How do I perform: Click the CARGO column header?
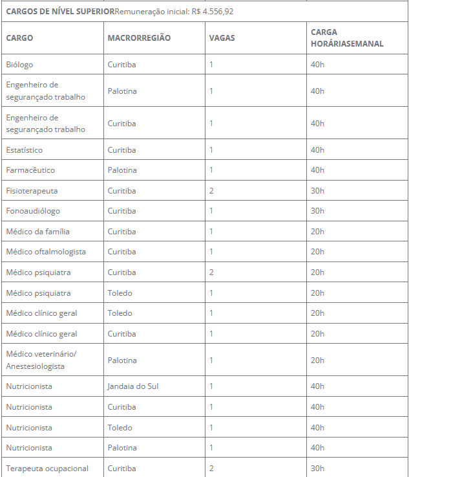pyautogui.click(x=19, y=38)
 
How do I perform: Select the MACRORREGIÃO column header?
pyautogui.click(x=139, y=38)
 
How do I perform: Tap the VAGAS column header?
pyautogui.click(x=222, y=38)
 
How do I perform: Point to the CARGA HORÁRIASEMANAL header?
pyautogui.click(x=347, y=38)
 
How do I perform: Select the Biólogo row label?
pyautogui.click(x=19, y=65)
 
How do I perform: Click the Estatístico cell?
pyautogui.click(x=24, y=150)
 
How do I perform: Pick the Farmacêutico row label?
pyautogui.click(x=30, y=170)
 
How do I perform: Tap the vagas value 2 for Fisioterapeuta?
pyautogui.click(x=211, y=191)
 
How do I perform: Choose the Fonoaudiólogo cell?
pyautogui.click(x=33, y=211)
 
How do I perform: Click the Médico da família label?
pyautogui.click(x=37, y=232)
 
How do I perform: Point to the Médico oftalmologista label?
pyautogui.click(x=46, y=252)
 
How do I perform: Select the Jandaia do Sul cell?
pyautogui.click(x=133, y=386)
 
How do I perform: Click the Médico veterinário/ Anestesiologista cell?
pyautogui.click(x=41, y=360)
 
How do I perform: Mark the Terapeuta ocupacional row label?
pyautogui.click(x=47, y=469)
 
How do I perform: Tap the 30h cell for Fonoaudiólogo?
pyautogui.click(x=317, y=211)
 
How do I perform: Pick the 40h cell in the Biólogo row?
pyautogui.click(x=317, y=65)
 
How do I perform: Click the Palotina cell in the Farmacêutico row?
pyautogui.click(x=122, y=170)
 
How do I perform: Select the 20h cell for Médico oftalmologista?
pyautogui.click(x=317, y=252)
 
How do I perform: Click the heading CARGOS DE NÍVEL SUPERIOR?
pyautogui.click(x=60, y=12)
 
